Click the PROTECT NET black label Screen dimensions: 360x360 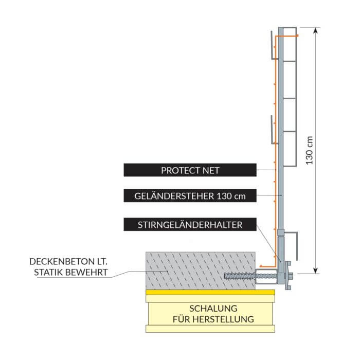point(190,170)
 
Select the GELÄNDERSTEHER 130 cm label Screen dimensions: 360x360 point(190,196)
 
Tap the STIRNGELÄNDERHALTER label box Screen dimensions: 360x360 point(190,224)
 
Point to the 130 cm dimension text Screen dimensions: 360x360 point(309,150)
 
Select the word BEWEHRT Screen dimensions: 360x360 point(91,272)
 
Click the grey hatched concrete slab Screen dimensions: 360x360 point(201,270)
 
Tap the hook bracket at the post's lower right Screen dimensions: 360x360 point(294,244)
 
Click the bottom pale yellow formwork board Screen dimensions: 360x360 point(211,328)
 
